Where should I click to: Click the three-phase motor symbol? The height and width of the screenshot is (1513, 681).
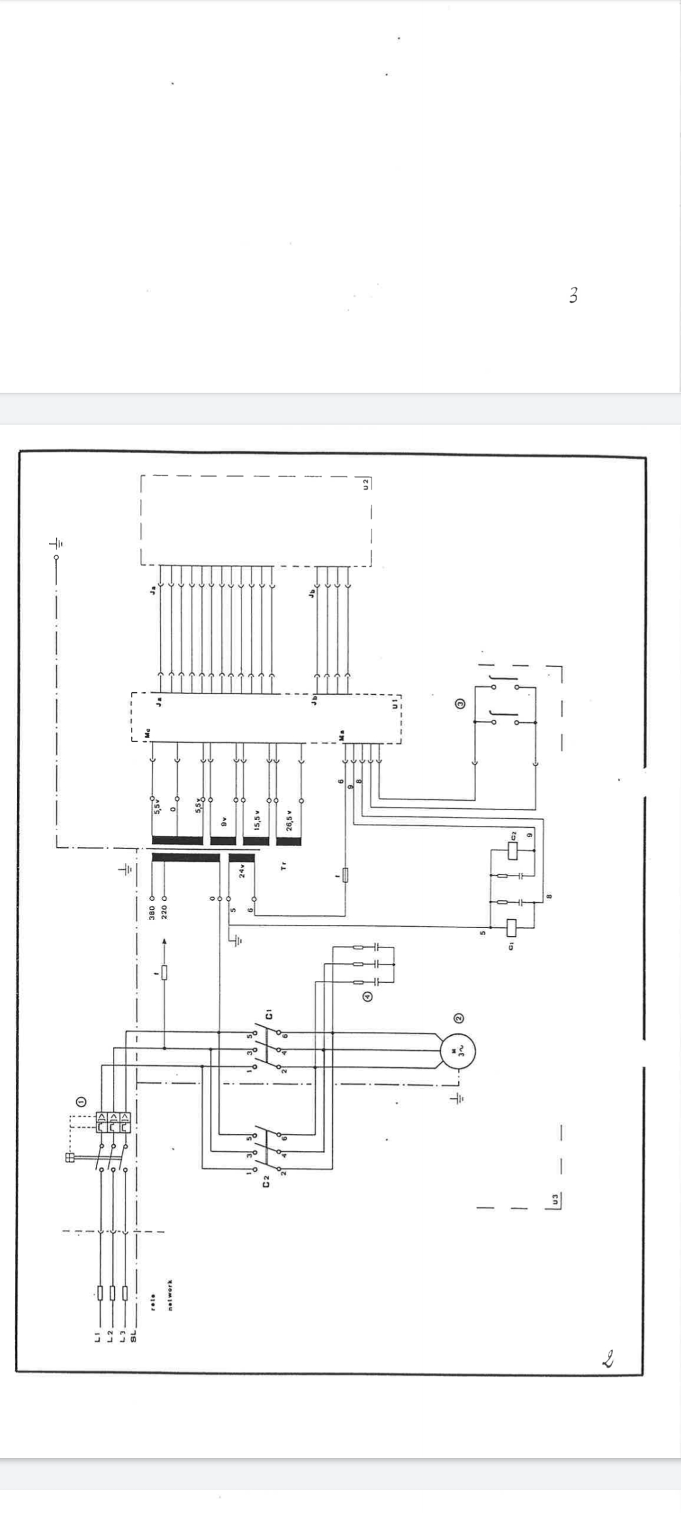pos(458,1051)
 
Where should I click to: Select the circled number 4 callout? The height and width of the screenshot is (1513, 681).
pos(366,997)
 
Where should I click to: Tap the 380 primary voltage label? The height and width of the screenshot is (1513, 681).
pos(152,913)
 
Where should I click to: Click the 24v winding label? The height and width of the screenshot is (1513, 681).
pos(242,872)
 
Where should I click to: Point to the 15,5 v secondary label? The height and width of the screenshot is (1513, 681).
pos(257,820)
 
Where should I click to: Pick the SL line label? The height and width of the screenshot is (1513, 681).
pos(133,1336)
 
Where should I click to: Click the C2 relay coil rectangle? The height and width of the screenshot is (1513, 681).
pos(512,851)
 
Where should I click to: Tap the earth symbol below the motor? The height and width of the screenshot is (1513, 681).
pos(459,1098)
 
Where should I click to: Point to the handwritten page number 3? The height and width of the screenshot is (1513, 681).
pos(573,295)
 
